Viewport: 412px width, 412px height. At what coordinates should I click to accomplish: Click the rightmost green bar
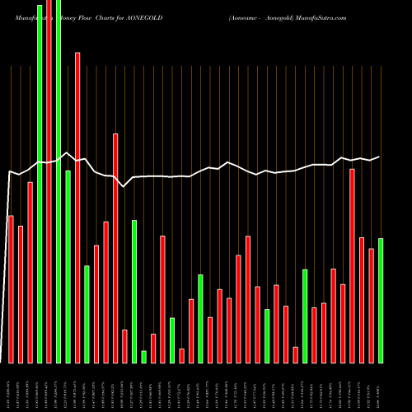pyautogui.click(x=381, y=300)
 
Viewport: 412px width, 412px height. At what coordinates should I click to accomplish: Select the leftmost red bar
pyautogui.click(x=11, y=288)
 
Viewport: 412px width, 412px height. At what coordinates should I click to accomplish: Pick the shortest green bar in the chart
pyautogui.click(x=143, y=356)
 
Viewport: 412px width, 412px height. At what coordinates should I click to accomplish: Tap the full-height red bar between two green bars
pyautogui.click(x=49, y=181)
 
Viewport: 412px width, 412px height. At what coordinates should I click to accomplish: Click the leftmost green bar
pyautogui.click(x=40, y=181)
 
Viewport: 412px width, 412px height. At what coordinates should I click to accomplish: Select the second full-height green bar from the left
pyautogui.click(x=59, y=181)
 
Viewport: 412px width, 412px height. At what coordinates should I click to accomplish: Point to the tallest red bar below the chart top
pyautogui.click(x=77, y=207)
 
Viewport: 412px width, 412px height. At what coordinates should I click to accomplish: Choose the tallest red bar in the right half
pyautogui.click(x=352, y=265)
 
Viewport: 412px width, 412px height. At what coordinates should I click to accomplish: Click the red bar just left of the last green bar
pyautogui.click(x=371, y=305)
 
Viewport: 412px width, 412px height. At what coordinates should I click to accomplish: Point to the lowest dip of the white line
pyautogui.click(x=124, y=187)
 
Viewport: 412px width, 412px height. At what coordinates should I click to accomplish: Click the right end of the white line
pyautogui.click(x=379, y=157)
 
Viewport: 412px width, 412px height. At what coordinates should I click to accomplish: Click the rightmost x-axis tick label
pyautogui.click(x=381, y=389)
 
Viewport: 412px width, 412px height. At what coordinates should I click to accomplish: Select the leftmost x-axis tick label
pyautogui.click(x=11, y=389)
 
